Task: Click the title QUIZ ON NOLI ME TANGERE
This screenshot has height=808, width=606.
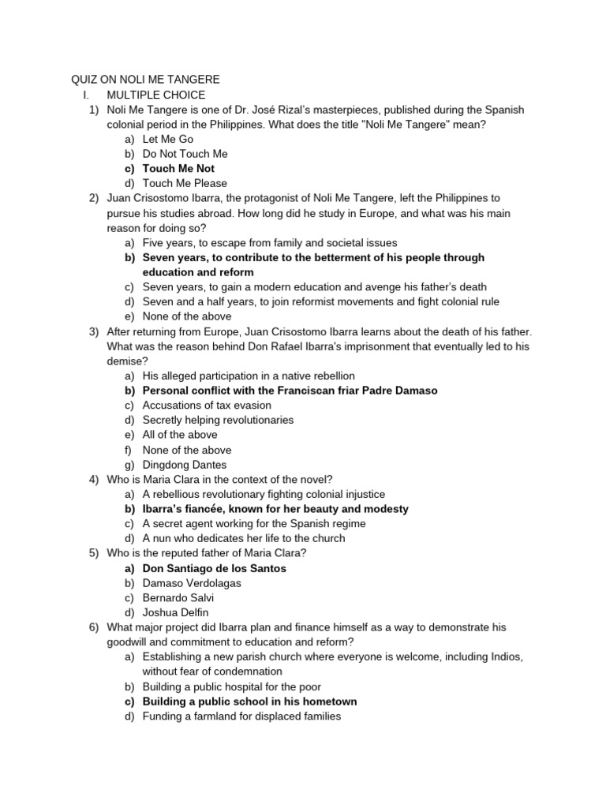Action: (146, 80)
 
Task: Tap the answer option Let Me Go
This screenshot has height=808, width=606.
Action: (167, 139)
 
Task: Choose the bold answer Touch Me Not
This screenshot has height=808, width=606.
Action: (178, 168)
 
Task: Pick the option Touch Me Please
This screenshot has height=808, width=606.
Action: (185, 183)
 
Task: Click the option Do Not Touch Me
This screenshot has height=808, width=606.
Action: (185, 154)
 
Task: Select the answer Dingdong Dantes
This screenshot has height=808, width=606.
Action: (184, 465)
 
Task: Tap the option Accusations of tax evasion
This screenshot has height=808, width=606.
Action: (207, 406)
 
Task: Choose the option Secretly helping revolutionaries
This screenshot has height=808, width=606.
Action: (218, 420)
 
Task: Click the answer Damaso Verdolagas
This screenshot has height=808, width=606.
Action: (192, 583)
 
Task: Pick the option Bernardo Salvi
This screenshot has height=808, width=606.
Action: (178, 597)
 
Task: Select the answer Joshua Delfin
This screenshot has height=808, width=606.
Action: (176, 612)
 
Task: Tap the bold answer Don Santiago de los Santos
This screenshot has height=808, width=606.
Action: (214, 568)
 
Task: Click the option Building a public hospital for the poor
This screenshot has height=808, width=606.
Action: (231, 686)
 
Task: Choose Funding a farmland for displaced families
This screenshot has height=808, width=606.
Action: (241, 716)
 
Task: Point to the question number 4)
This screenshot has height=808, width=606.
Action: (94, 480)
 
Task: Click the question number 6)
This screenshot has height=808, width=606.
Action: (94, 627)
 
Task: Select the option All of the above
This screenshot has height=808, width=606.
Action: (180, 435)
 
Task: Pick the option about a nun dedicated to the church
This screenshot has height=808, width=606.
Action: (244, 538)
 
